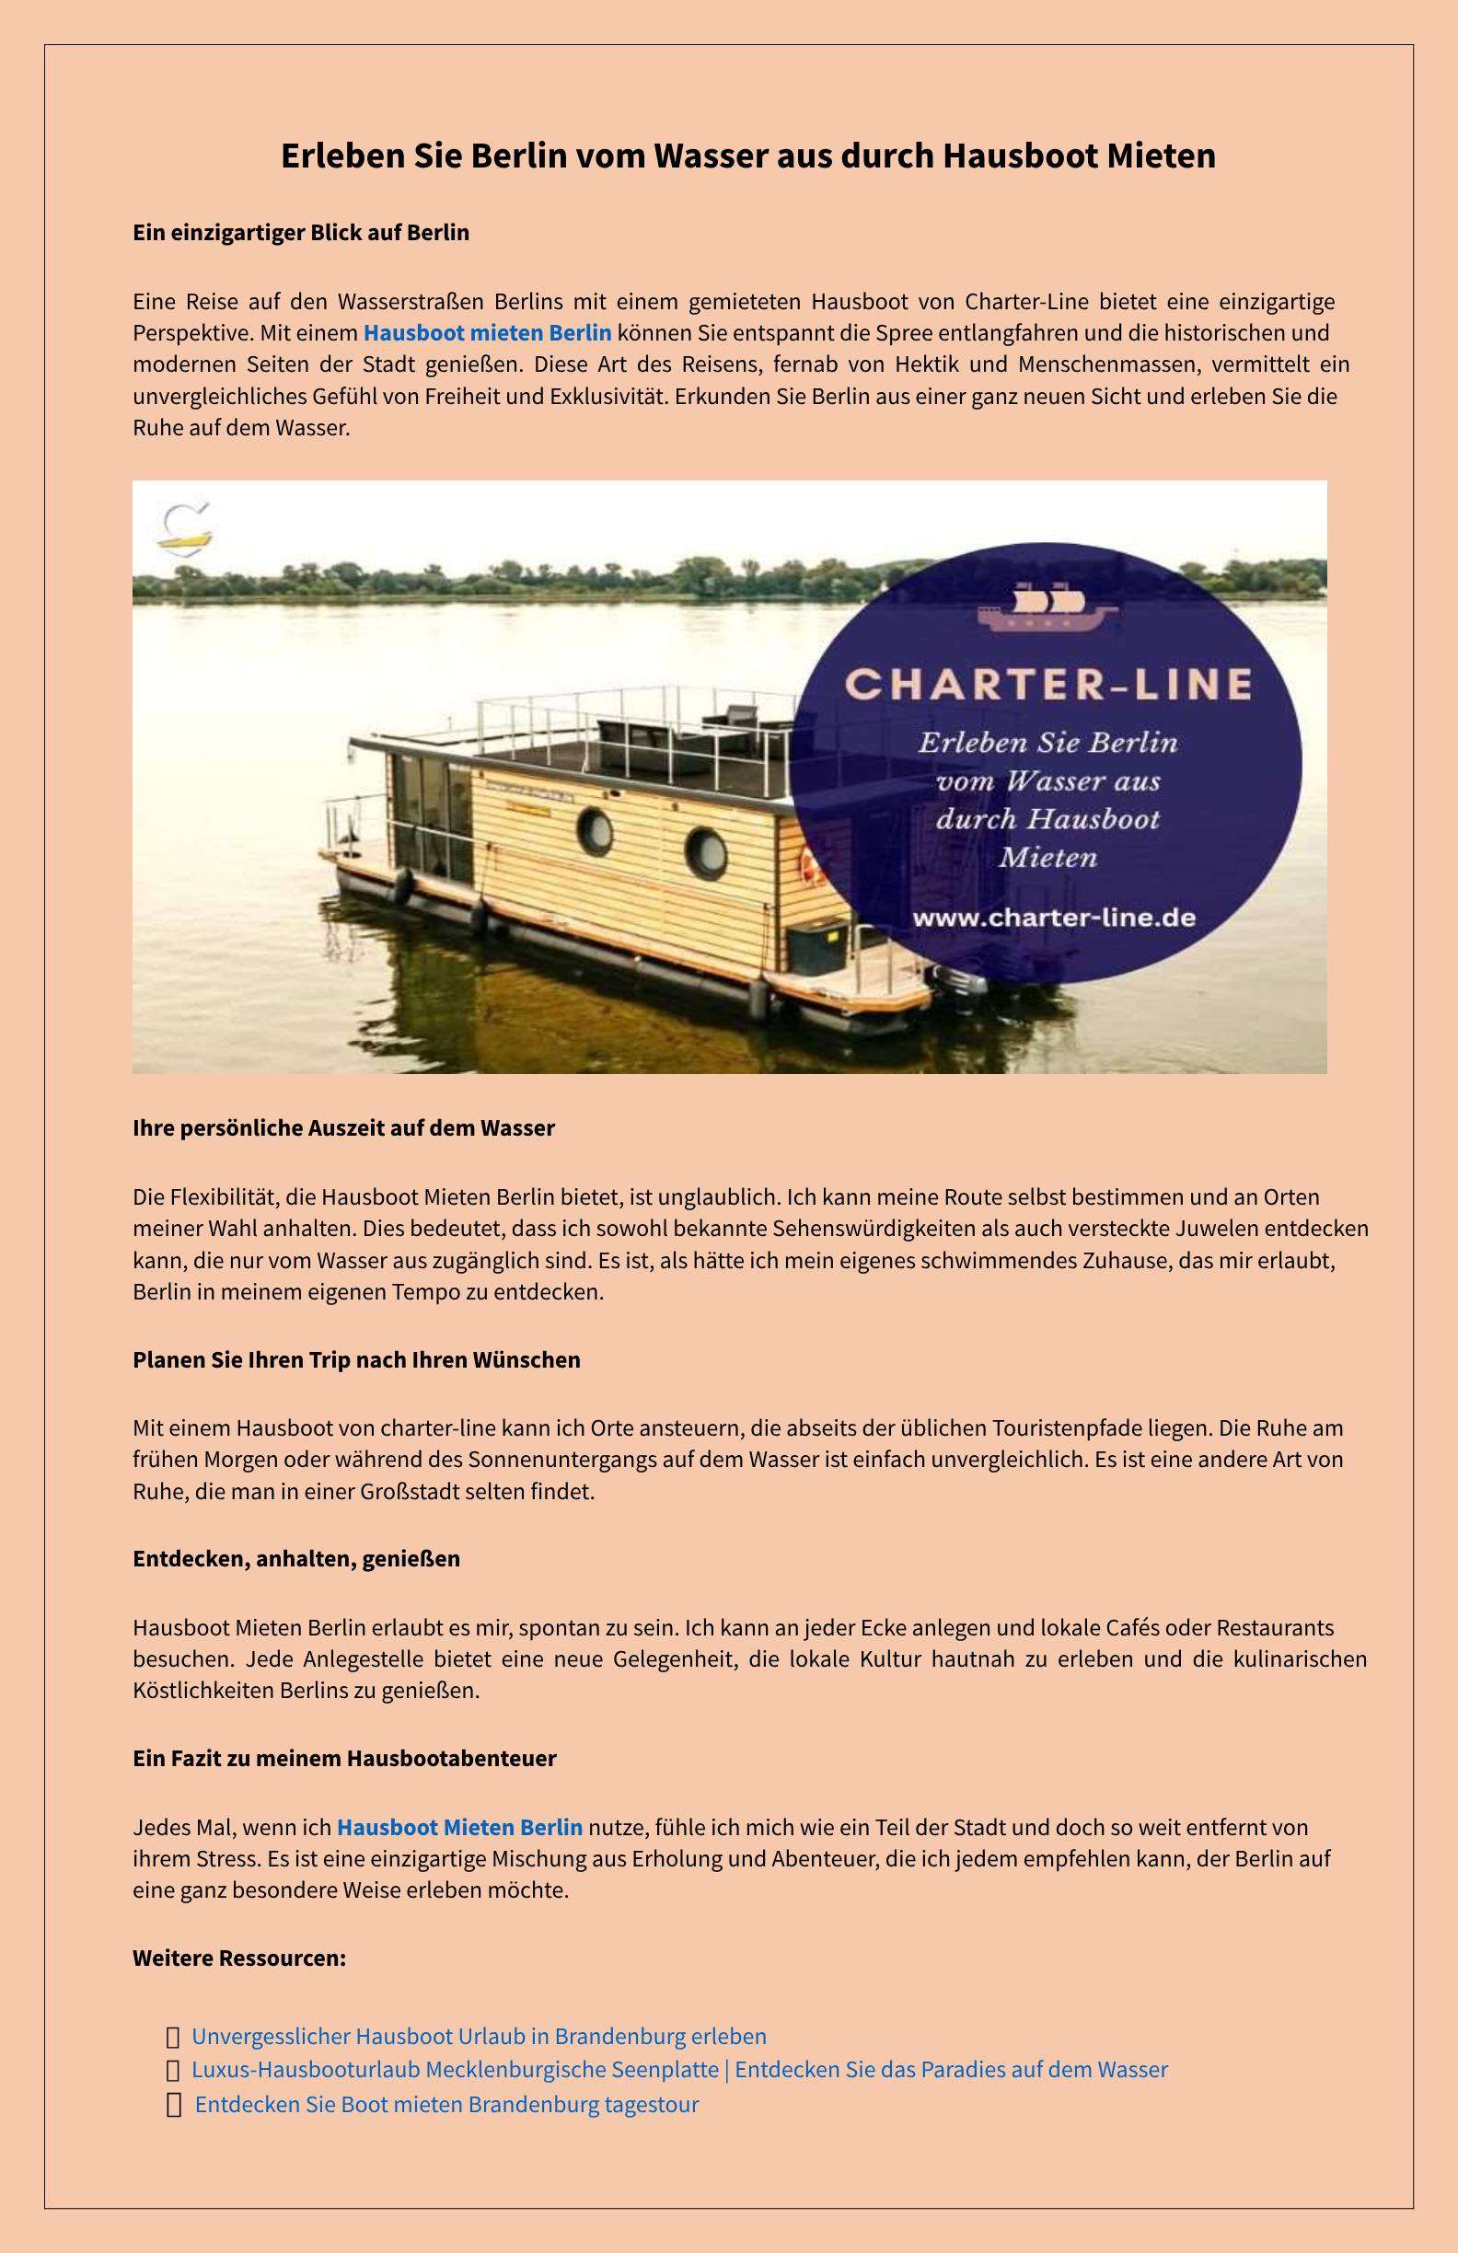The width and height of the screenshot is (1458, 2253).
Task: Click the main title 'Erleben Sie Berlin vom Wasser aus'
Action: (x=748, y=156)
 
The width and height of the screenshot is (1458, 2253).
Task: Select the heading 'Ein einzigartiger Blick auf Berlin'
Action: (x=301, y=233)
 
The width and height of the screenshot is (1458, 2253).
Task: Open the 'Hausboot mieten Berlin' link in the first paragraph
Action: (x=488, y=333)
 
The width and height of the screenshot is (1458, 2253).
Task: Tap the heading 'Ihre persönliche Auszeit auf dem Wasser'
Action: (x=343, y=1128)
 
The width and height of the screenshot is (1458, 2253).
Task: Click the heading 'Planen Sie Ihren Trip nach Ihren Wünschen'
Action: (x=356, y=1360)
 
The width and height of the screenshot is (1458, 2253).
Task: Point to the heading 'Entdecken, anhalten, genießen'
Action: (x=296, y=1559)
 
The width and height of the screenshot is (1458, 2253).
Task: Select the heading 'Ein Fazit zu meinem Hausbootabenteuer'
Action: (x=344, y=1759)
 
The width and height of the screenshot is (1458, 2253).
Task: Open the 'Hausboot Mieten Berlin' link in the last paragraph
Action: (x=460, y=1827)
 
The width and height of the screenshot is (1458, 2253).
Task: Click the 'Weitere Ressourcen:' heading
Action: (x=239, y=1958)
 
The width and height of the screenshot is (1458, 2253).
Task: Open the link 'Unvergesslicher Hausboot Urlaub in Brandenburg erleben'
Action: (x=479, y=2036)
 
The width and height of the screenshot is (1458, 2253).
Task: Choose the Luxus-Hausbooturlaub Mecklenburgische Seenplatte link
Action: (x=678, y=2069)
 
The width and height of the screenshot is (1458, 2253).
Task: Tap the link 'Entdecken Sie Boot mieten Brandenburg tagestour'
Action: (x=446, y=2105)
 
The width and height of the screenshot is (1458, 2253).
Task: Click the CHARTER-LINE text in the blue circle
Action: (x=1049, y=684)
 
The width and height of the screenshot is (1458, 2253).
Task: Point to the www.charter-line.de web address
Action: (x=1053, y=918)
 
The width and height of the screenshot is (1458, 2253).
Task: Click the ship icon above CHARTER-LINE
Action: (x=1047, y=608)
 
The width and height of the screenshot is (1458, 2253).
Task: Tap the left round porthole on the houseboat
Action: (x=596, y=831)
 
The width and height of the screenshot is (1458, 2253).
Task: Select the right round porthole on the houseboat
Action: (x=706, y=851)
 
